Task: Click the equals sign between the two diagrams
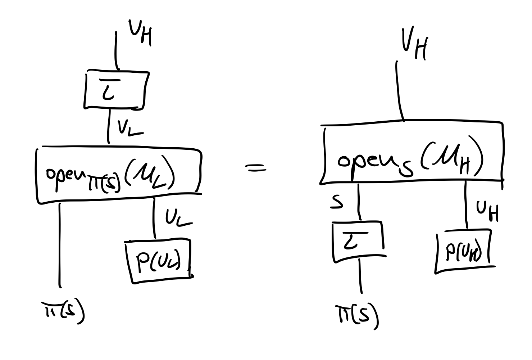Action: click(256, 167)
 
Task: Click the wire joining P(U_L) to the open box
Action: click(154, 218)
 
